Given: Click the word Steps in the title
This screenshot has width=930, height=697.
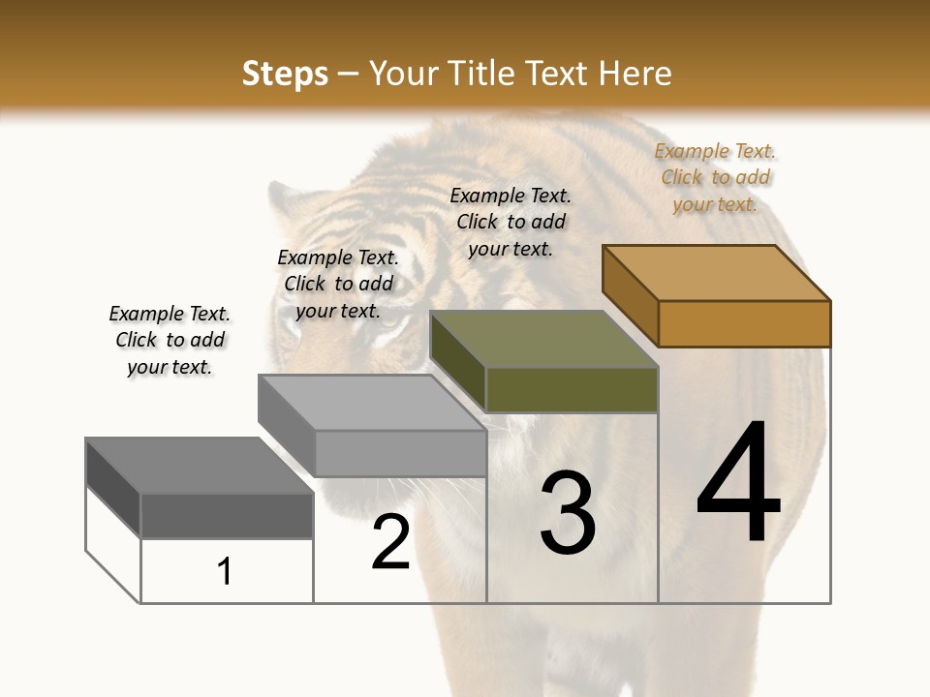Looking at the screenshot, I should click(285, 74).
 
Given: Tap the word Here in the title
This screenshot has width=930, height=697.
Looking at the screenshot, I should click(635, 74).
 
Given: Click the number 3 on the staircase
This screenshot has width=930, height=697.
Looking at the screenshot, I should click(568, 513).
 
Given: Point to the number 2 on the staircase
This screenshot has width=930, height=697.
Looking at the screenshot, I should click(391, 542).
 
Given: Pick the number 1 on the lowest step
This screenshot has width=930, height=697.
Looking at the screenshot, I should click(225, 571).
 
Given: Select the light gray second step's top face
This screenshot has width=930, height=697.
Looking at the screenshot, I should click(372, 402).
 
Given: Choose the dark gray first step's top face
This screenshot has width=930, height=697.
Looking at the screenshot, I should click(200, 466).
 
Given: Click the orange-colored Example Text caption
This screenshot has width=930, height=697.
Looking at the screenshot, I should click(715, 177).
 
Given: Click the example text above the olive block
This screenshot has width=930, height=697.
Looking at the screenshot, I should click(511, 222).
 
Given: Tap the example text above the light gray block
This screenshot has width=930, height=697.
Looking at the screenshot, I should click(338, 284).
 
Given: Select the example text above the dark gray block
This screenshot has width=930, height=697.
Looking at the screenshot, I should click(170, 340).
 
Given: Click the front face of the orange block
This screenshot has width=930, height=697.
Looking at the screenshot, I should click(744, 323).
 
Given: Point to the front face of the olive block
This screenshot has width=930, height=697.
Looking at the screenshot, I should click(572, 389).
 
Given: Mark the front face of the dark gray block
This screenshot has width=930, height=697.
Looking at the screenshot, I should click(227, 515).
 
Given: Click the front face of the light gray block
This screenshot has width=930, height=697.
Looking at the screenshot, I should click(400, 453).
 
